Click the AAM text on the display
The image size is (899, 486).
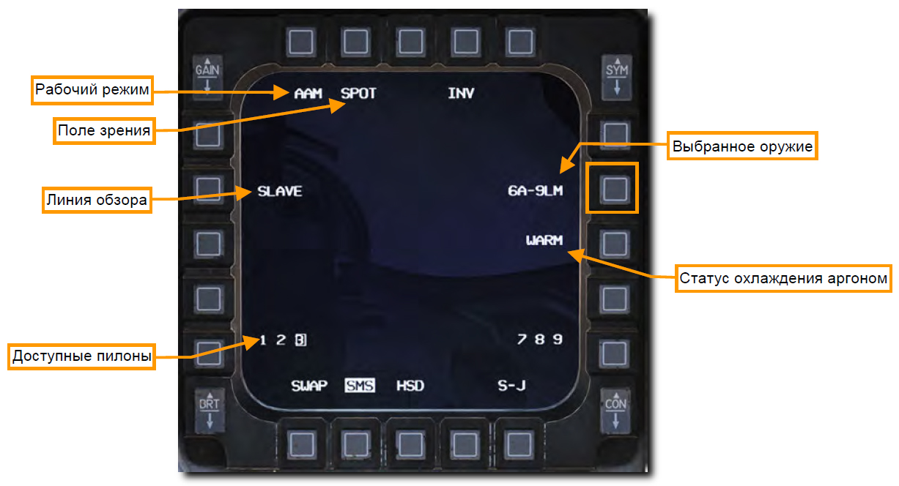(x=308, y=94)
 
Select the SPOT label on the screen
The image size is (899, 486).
(x=358, y=94)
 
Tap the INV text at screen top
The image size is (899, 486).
(x=461, y=94)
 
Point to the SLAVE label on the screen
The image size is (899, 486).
(x=279, y=192)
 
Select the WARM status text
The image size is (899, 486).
(x=544, y=240)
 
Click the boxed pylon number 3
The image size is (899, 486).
(x=300, y=340)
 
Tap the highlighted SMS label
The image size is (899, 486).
(x=360, y=386)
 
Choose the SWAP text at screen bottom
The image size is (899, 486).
(x=308, y=386)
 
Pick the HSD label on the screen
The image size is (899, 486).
(x=410, y=386)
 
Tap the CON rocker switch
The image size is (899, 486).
(x=615, y=413)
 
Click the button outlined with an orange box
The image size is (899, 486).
(x=614, y=188)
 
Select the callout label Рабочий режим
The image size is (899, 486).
(x=92, y=90)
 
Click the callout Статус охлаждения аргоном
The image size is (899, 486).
(x=783, y=278)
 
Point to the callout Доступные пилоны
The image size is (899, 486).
(x=82, y=357)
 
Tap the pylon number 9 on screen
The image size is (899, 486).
(x=558, y=339)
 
